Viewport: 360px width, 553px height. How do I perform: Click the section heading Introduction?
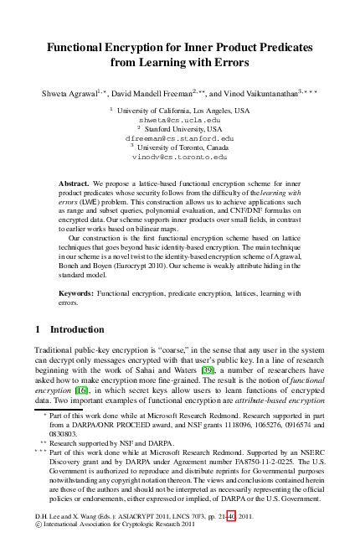pyautogui.click(x=76, y=329)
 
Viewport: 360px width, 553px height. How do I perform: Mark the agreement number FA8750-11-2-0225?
pyautogui.click(x=272, y=461)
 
